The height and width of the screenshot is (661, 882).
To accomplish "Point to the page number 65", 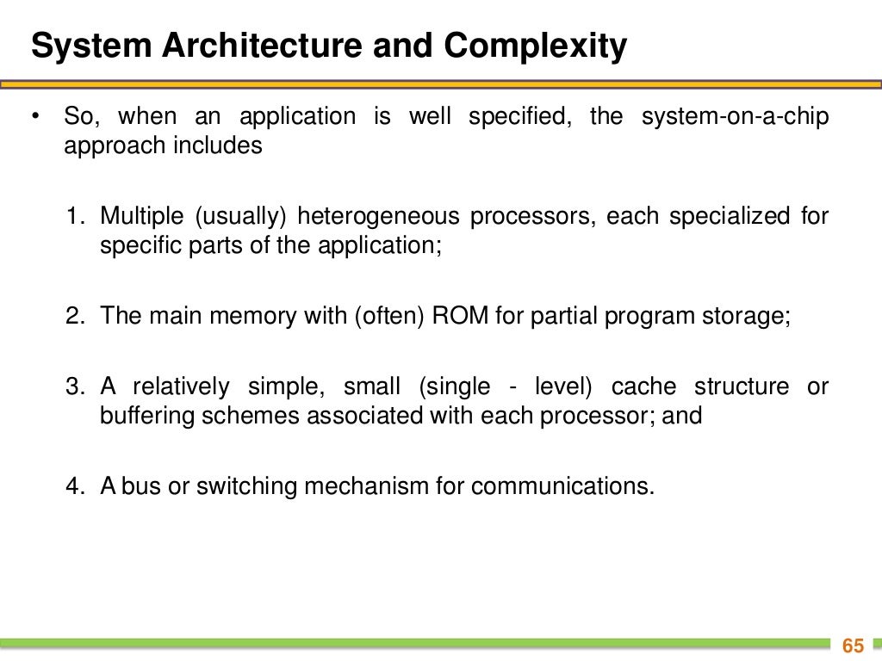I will tap(853, 646).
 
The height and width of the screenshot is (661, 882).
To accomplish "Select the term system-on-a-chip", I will tap(736, 117).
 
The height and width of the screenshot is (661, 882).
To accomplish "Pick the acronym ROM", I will tap(455, 315).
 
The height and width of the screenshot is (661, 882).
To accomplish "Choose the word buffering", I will tap(147, 416).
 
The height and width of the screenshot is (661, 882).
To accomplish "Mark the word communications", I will tap(562, 486).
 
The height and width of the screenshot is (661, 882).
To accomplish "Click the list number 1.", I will tap(72, 216).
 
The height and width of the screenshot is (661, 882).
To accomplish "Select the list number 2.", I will tap(72, 315).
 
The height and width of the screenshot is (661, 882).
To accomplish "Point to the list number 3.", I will tap(72, 386).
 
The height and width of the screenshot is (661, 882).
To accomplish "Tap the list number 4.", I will tap(72, 486).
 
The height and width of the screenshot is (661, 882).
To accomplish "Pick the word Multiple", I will tap(137, 216).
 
